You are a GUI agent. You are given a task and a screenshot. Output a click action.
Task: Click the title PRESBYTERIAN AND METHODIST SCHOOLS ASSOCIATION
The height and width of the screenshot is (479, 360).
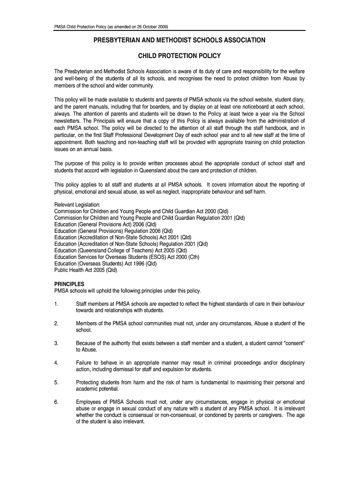[180, 41]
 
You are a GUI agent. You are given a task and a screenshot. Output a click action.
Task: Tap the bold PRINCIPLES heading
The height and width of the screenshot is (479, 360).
[69, 284]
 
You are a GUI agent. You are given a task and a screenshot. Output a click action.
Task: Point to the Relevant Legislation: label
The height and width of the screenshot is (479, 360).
[78, 205]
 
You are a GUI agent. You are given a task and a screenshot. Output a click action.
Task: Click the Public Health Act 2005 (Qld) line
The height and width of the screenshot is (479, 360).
[86, 270]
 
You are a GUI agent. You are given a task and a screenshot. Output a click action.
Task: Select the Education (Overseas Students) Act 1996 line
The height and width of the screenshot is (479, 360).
[106, 263]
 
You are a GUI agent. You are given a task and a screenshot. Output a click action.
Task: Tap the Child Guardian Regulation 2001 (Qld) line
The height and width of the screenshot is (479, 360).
[150, 218]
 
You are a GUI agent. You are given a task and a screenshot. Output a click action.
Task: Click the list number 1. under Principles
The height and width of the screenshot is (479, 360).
[56, 304]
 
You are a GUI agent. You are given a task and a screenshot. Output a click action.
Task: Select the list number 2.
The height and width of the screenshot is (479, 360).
[56, 323]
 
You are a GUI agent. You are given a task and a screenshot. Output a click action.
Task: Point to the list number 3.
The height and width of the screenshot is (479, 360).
[56, 343]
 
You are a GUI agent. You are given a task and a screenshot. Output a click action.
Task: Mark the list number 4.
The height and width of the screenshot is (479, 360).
[56, 363]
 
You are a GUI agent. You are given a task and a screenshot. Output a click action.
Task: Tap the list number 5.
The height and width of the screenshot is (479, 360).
[56, 382]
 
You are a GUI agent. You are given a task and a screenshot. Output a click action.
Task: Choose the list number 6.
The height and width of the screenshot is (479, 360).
[56, 402]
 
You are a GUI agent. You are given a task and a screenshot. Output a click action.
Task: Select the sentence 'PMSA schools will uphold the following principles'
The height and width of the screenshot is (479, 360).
[128, 290]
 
